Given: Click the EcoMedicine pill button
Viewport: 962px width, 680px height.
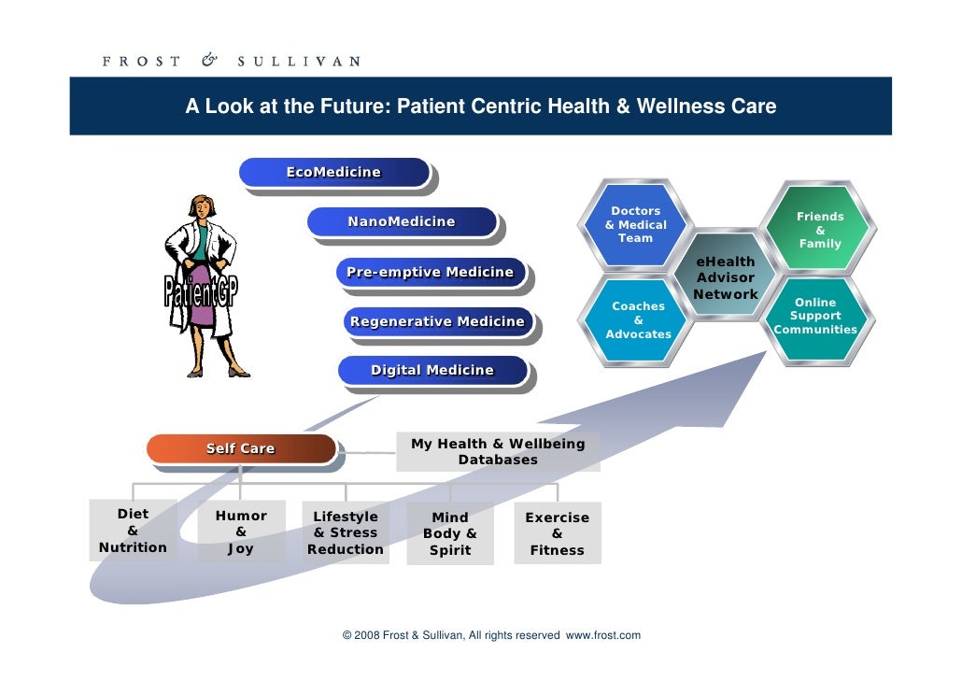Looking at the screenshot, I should click(x=333, y=173).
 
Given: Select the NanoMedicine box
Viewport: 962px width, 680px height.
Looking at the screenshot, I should click(x=402, y=222).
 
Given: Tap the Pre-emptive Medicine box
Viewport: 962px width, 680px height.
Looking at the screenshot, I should click(x=431, y=273).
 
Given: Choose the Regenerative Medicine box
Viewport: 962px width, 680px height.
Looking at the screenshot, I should click(x=437, y=322).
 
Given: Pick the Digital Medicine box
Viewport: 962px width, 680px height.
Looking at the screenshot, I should click(x=432, y=371).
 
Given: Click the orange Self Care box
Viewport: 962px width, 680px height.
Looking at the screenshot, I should click(x=240, y=449).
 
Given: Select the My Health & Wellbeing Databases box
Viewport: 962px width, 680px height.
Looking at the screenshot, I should click(x=498, y=452).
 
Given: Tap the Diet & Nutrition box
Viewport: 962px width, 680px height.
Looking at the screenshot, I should click(x=133, y=531).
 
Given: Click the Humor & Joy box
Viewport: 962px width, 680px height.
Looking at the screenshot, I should click(x=241, y=532).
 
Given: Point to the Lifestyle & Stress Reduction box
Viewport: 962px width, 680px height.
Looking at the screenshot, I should click(x=346, y=533).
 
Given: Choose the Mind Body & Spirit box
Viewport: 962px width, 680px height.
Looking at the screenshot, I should click(x=450, y=533).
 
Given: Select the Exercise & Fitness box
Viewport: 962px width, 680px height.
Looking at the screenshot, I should click(x=557, y=533).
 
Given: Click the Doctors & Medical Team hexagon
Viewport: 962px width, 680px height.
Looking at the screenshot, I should click(x=636, y=225).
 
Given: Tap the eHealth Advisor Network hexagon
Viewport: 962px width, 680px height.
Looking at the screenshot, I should click(x=726, y=278).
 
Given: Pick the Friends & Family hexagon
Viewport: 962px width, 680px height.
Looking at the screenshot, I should click(x=820, y=230).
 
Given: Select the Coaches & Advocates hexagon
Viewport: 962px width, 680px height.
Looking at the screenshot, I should click(x=639, y=320).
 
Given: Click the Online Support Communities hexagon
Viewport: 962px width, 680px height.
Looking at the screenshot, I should click(x=815, y=317).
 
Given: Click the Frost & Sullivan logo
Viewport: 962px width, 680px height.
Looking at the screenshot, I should click(x=231, y=62).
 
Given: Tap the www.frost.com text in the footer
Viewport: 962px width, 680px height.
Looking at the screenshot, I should click(x=603, y=636).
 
